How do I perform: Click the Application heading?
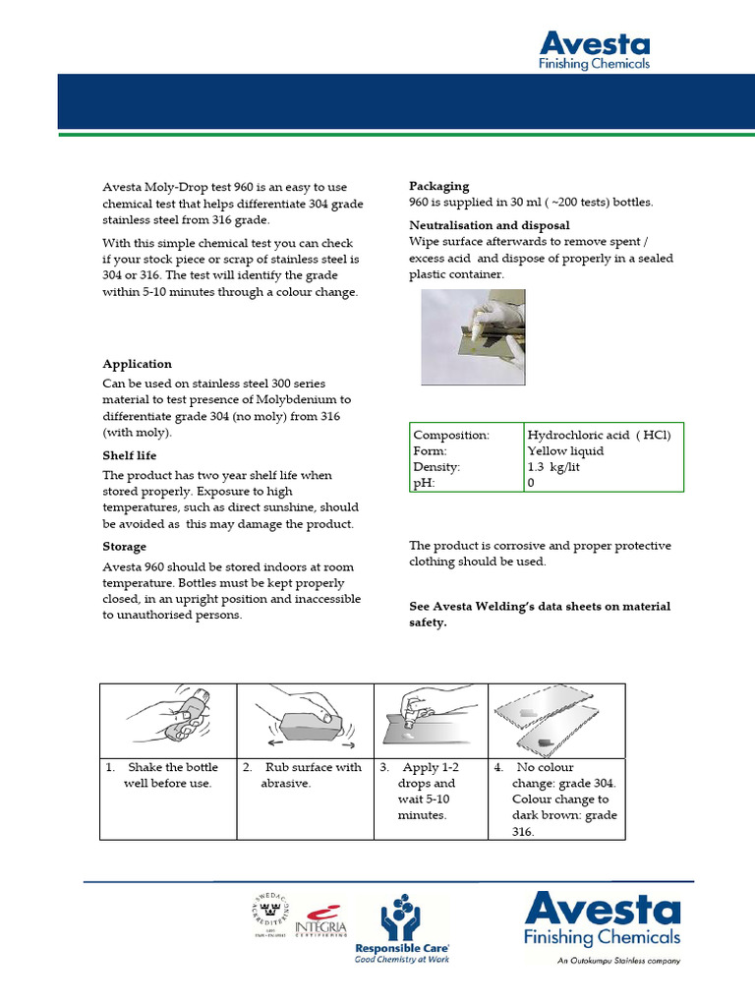pos(137,364)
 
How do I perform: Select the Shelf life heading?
pos(130,456)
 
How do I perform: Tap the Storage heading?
pos(125,547)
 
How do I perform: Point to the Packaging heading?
pos(438,186)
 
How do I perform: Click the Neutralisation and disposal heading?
pos(489,226)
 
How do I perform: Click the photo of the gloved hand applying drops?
pos(473,337)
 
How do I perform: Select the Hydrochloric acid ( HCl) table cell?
pos(599,435)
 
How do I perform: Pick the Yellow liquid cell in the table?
pos(565,451)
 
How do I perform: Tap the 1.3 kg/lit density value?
pos(553,468)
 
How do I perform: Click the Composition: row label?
pos(451,435)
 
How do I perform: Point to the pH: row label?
pos(424,484)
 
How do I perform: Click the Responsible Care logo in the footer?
pos(402,929)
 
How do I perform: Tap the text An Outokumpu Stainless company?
pos(617,961)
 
